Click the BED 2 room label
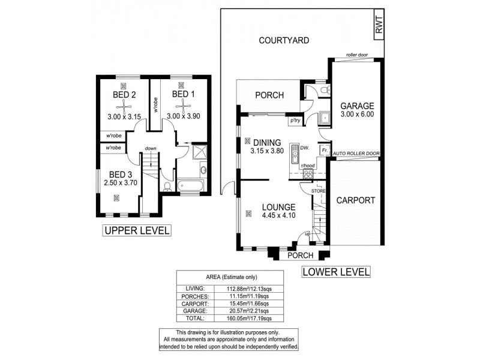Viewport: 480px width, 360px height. (124, 95)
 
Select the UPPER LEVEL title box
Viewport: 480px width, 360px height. (137, 230)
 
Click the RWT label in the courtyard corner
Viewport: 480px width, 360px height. (379, 26)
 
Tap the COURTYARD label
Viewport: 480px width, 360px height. (284, 41)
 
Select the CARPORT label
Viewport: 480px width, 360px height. (355, 200)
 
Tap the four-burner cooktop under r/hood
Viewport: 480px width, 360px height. (308, 175)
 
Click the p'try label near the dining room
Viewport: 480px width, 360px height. (295, 121)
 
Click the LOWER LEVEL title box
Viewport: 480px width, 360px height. (336, 271)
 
